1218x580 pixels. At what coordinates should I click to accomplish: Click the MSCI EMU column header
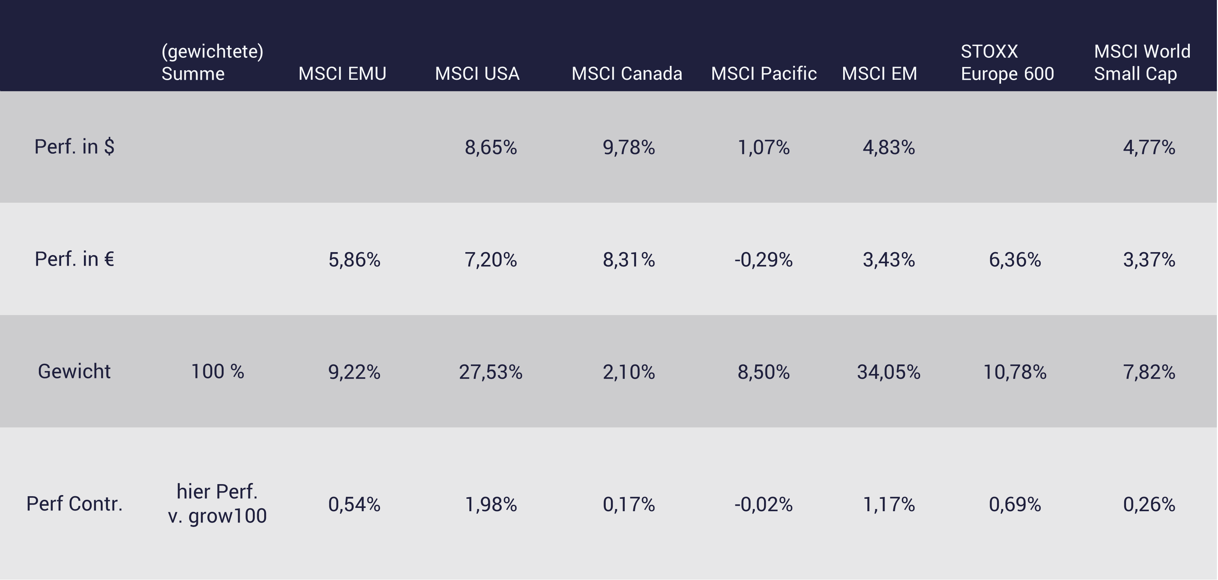coord(342,74)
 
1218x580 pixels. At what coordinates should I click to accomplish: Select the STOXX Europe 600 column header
coord(1007,63)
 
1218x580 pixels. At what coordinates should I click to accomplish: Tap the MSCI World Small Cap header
coord(1141,63)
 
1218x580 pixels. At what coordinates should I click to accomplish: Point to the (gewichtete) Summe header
coord(212,63)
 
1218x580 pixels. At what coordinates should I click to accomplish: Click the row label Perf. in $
coord(74,147)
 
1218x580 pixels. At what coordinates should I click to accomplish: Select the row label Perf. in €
coord(74,259)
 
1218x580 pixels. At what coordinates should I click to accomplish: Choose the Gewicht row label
coord(74,372)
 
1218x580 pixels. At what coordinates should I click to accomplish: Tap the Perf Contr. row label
coord(74,504)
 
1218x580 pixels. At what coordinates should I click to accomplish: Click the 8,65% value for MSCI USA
coord(490,147)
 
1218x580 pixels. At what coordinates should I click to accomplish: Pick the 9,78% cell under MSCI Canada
coord(628,147)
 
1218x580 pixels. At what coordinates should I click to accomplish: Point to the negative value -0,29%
coord(763,260)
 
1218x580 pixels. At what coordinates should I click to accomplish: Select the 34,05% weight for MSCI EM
coord(889,372)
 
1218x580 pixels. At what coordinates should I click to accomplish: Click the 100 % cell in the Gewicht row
coord(217,372)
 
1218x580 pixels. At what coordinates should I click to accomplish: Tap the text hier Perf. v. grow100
coord(217,504)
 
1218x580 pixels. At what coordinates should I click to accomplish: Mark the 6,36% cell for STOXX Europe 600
coord(1015,260)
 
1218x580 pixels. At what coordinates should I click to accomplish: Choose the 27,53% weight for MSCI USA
coord(490,372)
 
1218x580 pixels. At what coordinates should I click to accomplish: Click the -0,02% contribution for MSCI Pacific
coord(763,504)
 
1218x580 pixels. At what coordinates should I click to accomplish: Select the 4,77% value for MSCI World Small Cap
coord(1149,147)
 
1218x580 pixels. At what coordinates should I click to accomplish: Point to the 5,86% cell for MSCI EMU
coord(354,260)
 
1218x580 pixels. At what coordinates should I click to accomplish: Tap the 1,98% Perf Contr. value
coord(490,504)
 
